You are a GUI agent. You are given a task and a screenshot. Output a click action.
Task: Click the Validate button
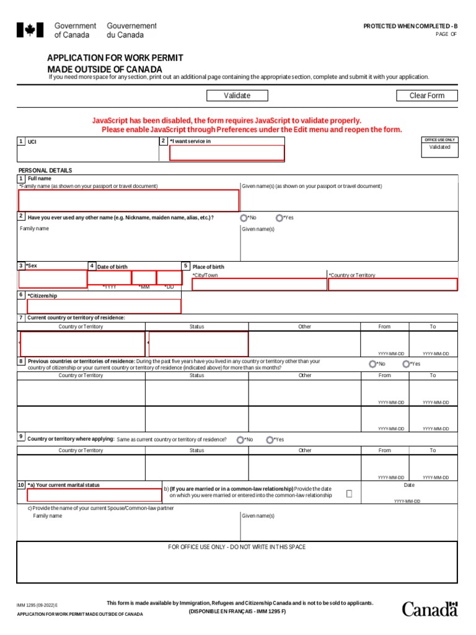(237, 95)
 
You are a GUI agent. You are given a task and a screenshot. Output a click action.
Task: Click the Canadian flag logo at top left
(30, 30)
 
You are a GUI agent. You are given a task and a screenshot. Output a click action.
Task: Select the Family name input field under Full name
(128, 201)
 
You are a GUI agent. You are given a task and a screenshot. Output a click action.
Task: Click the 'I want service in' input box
(227, 153)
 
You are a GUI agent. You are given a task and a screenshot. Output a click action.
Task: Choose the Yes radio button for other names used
(280, 218)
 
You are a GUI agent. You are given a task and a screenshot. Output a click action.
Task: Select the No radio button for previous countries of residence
(372, 364)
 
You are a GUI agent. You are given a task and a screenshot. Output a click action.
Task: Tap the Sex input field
(53, 279)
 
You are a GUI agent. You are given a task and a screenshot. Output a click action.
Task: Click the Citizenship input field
(104, 306)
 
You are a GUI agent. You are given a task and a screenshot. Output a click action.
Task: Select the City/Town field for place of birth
(259, 285)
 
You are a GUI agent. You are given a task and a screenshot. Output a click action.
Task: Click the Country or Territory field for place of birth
(392, 285)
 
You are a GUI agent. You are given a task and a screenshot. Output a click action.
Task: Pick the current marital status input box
(95, 495)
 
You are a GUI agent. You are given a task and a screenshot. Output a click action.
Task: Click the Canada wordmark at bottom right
(430, 609)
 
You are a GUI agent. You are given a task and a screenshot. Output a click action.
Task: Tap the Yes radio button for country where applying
(270, 440)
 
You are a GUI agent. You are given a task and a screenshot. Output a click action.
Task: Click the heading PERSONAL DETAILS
(45, 171)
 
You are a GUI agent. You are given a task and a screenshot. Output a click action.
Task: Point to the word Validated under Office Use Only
(440, 148)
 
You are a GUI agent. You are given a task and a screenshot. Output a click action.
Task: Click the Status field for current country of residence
(198, 344)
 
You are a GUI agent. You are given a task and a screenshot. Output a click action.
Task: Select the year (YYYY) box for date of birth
(109, 277)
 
